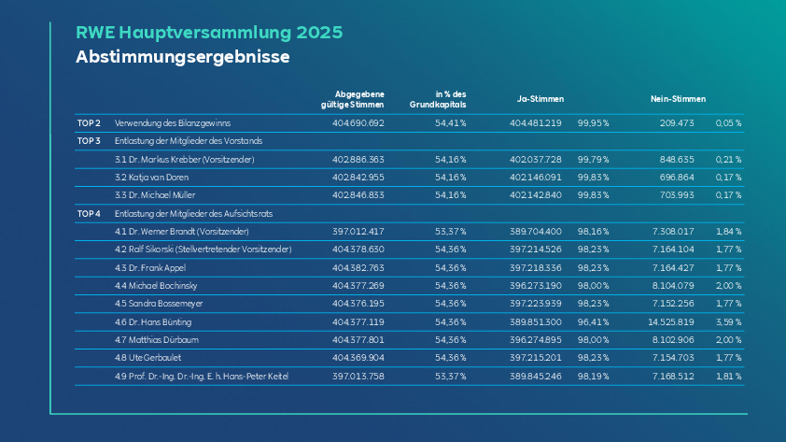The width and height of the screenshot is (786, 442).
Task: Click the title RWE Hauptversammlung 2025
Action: [x=209, y=33]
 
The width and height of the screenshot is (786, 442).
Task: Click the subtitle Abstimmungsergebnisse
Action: [x=182, y=57]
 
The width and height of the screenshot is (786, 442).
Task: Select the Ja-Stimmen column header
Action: [x=540, y=99]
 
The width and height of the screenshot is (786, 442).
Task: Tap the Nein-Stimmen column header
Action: [x=678, y=99]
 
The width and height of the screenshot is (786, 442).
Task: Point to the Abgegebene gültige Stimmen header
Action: [x=353, y=99]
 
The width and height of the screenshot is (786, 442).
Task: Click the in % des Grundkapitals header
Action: [x=438, y=99]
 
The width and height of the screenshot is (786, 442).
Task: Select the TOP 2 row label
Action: [x=89, y=123]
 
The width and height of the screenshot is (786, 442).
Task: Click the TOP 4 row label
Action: [x=89, y=214]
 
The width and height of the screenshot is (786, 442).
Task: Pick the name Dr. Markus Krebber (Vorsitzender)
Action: [x=191, y=160]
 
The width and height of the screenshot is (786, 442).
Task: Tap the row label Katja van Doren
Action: [x=159, y=178]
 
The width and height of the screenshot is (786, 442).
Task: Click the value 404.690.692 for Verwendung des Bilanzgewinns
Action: [x=358, y=123]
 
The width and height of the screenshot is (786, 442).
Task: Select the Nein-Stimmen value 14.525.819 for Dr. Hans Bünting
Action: [x=670, y=322]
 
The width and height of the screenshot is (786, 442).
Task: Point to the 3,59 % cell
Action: [x=728, y=322]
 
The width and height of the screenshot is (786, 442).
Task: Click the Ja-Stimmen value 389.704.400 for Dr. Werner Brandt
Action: [x=536, y=232]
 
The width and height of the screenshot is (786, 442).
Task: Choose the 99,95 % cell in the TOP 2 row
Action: [x=593, y=123]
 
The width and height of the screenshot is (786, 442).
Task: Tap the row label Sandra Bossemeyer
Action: [x=165, y=304]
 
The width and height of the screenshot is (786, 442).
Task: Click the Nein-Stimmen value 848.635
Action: [x=677, y=160]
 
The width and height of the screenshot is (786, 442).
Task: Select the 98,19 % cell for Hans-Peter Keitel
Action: [x=593, y=377]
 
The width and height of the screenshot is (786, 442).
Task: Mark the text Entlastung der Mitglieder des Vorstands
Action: [x=189, y=141]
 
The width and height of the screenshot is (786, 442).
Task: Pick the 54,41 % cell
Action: [x=450, y=123]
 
